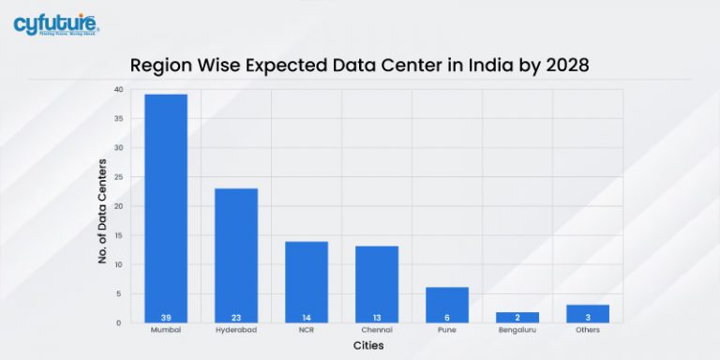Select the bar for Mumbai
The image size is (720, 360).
[x=165, y=207]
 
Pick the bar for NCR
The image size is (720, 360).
[x=307, y=281]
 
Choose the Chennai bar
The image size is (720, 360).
[x=377, y=283]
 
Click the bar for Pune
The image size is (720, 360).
[x=447, y=304]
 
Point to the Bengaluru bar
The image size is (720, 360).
[x=517, y=317]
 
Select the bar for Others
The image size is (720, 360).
[x=588, y=313]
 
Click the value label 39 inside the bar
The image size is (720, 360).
[x=165, y=317]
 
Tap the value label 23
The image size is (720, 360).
[x=236, y=317]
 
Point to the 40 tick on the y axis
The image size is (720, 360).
[x=118, y=90]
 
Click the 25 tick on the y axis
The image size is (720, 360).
[x=118, y=177]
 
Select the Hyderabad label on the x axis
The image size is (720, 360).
[x=236, y=331]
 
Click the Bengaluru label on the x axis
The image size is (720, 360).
[x=517, y=331]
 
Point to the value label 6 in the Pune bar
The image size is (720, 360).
[x=447, y=317]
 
